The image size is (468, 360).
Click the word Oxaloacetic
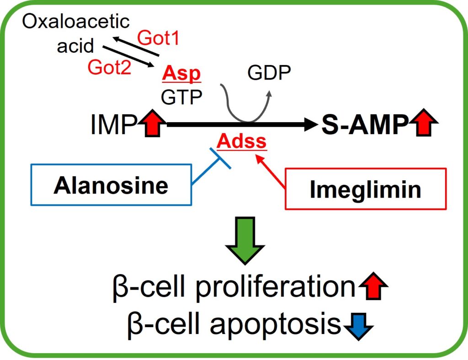[x=76, y=21]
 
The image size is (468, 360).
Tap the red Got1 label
[x=158, y=38]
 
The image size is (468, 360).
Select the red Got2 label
[x=109, y=67]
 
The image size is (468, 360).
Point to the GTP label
[x=181, y=97]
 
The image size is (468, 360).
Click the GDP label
[x=269, y=72]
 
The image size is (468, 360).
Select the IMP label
[x=114, y=124]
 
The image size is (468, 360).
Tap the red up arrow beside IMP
[x=152, y=123]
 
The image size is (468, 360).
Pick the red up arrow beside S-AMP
[x=424, y=123]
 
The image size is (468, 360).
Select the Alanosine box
[x=111, y=185]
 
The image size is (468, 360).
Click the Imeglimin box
[x=366, y=189]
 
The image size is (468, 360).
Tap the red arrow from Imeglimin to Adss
[x=271, y=171]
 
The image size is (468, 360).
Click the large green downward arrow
[x=245, y=241]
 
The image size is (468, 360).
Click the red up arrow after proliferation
[x=373, y=285]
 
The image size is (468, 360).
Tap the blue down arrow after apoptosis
[x=358, y=327]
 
